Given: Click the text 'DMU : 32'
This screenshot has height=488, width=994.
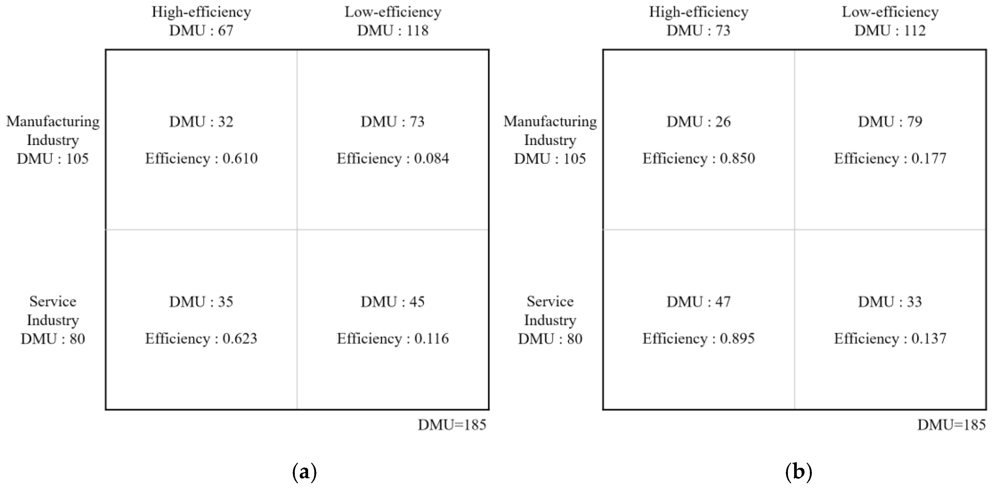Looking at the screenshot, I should click(x=201, y=122).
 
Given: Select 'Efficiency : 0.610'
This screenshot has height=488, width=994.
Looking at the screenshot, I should click(x=201, y=158).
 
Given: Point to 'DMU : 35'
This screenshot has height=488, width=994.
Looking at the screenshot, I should click(x=201, y=302).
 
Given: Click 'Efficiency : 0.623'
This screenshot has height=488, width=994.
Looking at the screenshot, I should click(x=201, y=339).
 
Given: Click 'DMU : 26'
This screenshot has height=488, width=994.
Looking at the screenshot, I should click(x=698, y=122).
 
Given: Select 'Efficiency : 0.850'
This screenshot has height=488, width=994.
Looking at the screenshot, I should click(x=698, y=158).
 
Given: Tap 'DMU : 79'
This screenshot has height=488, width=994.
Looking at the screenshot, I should click(x=890, y=122).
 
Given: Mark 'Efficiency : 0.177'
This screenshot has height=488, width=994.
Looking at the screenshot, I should click(x=890, y=158).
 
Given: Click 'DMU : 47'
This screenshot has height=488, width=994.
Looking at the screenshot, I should click(x=698, y=302).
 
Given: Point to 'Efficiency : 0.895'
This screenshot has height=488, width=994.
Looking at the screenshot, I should click(x=698, y=339).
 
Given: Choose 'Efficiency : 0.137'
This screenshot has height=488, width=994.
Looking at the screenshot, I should click(x=890, y=339).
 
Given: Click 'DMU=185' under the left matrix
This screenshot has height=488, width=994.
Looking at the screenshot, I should click(x=452, y=425).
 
